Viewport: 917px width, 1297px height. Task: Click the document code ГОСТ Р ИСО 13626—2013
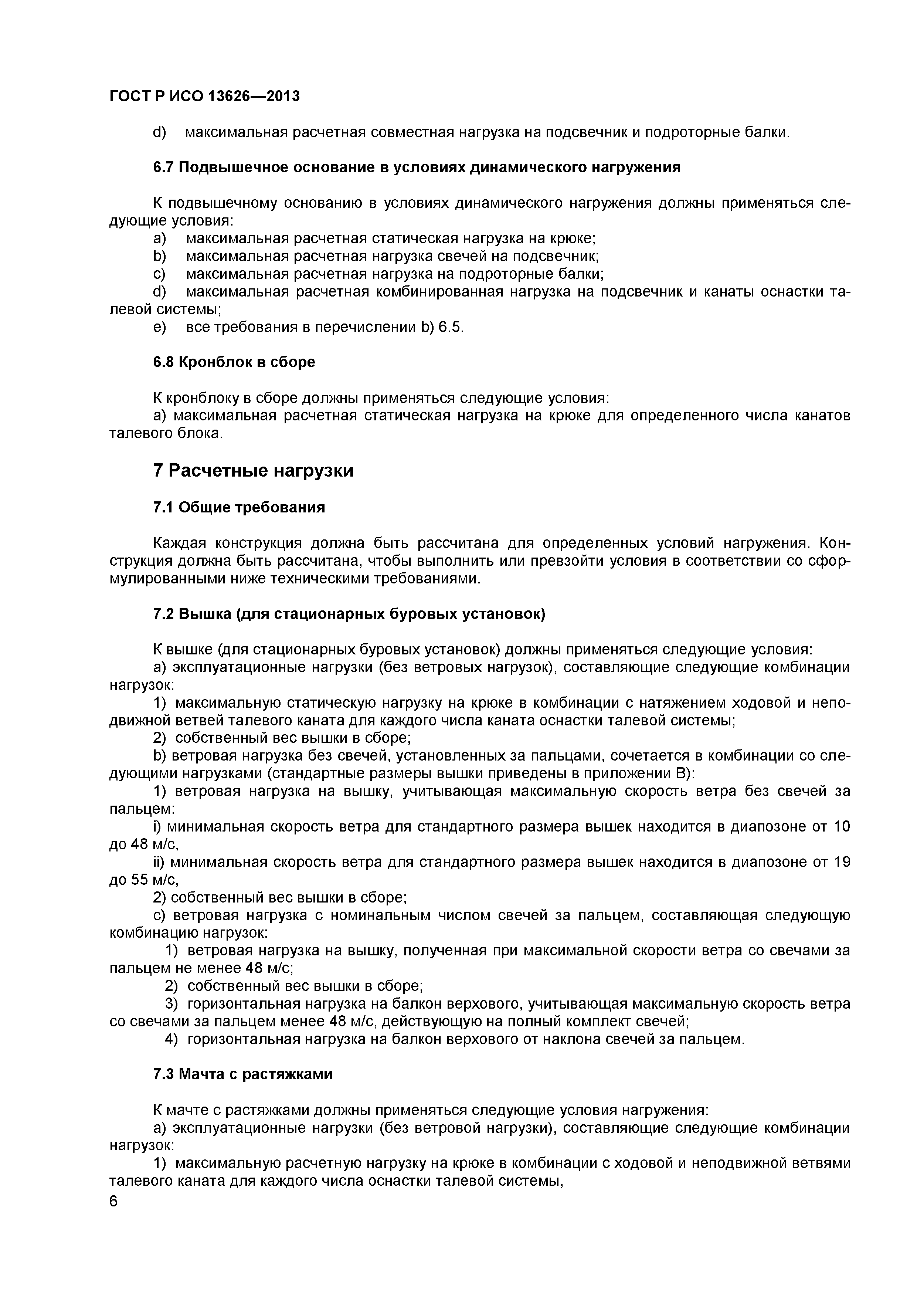[x=204, y=96]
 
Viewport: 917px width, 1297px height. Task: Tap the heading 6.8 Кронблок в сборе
[x=234, y=362]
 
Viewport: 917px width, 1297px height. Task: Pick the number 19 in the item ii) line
[x=841, y=862]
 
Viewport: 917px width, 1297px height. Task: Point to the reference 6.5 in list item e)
[x=450, y=327]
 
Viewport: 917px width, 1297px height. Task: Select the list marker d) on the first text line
[x=160, y=132]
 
